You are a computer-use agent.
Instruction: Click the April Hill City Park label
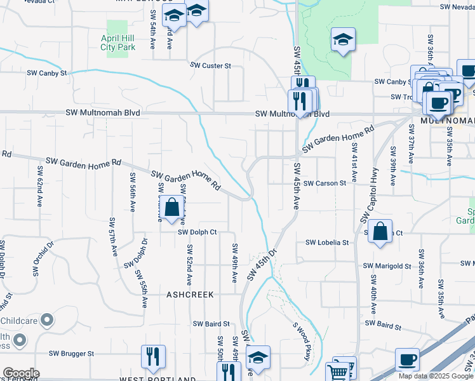(118, 43)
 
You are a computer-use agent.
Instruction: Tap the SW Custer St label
(211, 65)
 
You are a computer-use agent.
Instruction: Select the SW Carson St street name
(324, 183)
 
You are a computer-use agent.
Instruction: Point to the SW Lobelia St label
(327, 243)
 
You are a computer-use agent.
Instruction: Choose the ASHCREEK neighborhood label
(190, 295)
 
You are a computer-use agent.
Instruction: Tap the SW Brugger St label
(72, 353)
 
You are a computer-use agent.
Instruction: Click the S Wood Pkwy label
(301, 342)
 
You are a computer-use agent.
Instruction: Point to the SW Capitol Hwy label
(370, 194)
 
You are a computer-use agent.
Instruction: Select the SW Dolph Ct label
(197, 232)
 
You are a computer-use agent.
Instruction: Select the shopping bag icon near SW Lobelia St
(380, 232)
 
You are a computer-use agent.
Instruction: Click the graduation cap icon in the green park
(342, 40)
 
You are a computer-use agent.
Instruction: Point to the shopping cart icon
(338, 371)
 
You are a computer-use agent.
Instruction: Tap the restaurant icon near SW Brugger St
(152, 357)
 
